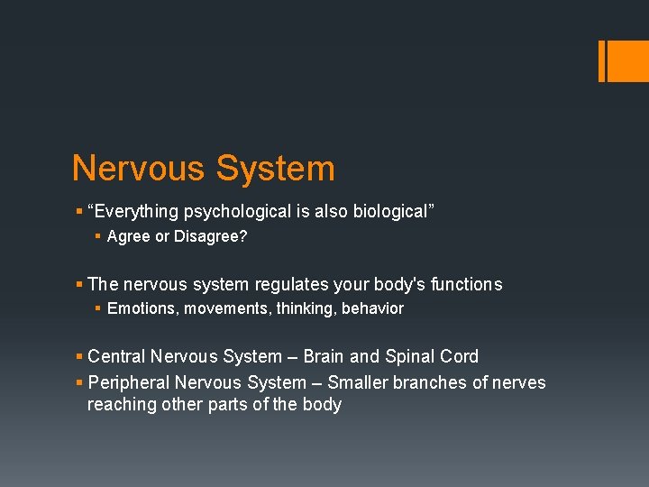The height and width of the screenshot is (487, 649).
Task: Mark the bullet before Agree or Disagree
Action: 98,237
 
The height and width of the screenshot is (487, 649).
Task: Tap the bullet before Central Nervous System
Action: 79,357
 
